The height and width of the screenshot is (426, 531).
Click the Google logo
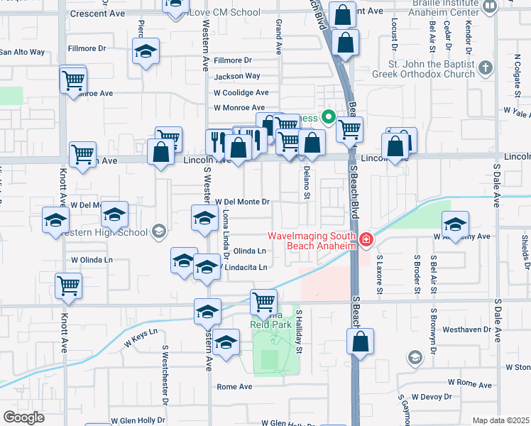pyautogui.click(x=24, y=417)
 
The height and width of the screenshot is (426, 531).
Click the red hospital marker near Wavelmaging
pyautogui.click(x=366, y=241)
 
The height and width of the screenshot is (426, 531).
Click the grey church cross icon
pyautogui.click(x=485, y=69)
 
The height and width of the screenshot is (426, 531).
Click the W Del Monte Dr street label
pyautogui.click(x=242, y=202)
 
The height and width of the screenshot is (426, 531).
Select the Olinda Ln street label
pyautogui.click(x=250, y=251)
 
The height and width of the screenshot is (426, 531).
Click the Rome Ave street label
pyautogui.click(x=234, y=387)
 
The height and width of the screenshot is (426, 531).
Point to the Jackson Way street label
pyautogui.click(x=237, y=76)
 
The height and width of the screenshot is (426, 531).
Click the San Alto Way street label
pyautogui.click(x=22, y=52)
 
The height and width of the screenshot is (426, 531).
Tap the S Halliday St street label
pyautogui.click(x=299, y=332)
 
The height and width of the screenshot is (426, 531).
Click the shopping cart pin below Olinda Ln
pyautogui.click(x=263, y=302)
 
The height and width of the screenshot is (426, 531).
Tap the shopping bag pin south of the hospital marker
pyautogui.click(x=360, y=342)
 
